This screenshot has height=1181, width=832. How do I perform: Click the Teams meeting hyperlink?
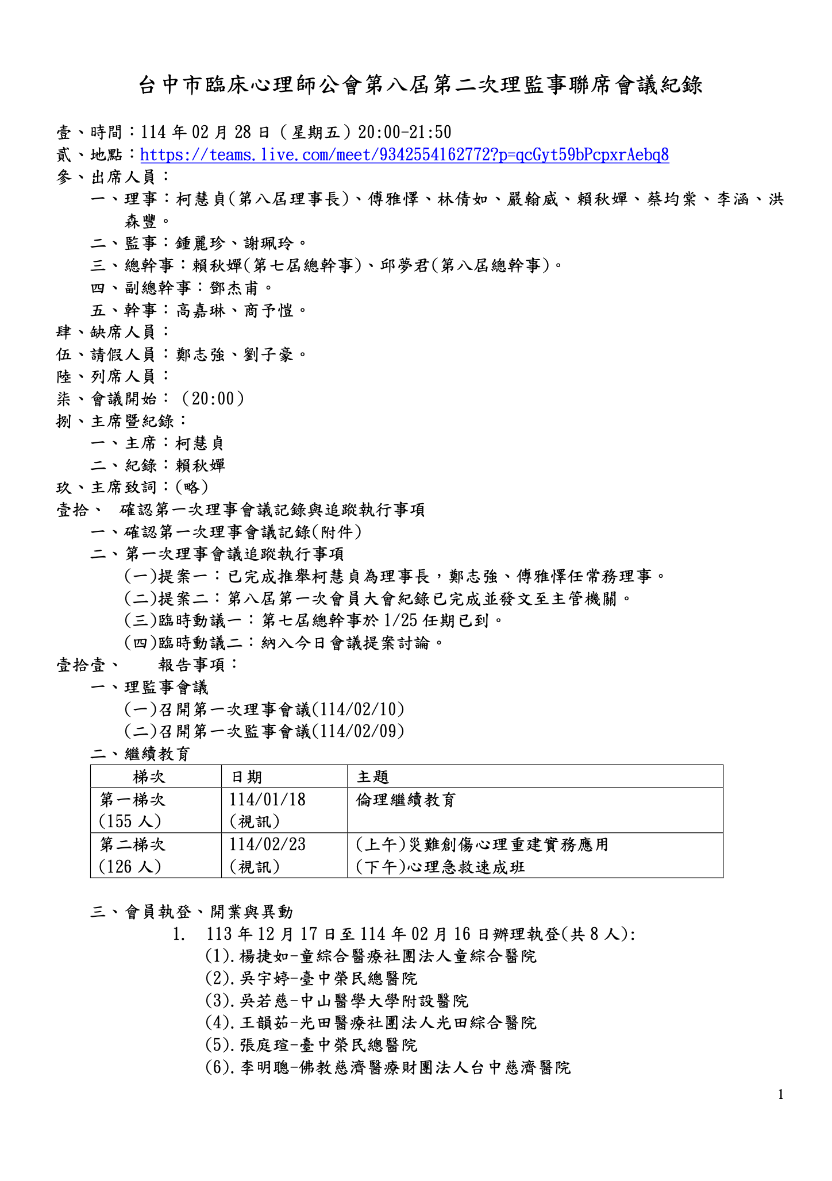(x=404, y=155)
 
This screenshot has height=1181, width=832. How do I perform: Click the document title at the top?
(x=420, y=86)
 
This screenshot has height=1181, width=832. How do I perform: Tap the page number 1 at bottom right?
(x=780, y=1095)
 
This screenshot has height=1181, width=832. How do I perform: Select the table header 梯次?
(x=149, y=777)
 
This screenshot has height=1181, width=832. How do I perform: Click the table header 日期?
(x=246, y=777)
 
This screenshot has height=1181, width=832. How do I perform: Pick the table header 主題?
(x=373, y=777)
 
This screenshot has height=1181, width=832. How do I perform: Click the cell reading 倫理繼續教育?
(x=406, y=800)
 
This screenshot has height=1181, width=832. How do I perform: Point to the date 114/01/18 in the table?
(x=267, y=800)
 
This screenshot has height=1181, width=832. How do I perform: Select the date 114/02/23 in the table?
(x=267, y=844)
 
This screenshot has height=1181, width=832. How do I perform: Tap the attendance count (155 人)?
(x=130, y=821)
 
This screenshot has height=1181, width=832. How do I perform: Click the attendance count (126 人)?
(x=130, y=866)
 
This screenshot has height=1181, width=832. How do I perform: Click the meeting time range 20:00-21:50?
(x=405, y=133)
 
